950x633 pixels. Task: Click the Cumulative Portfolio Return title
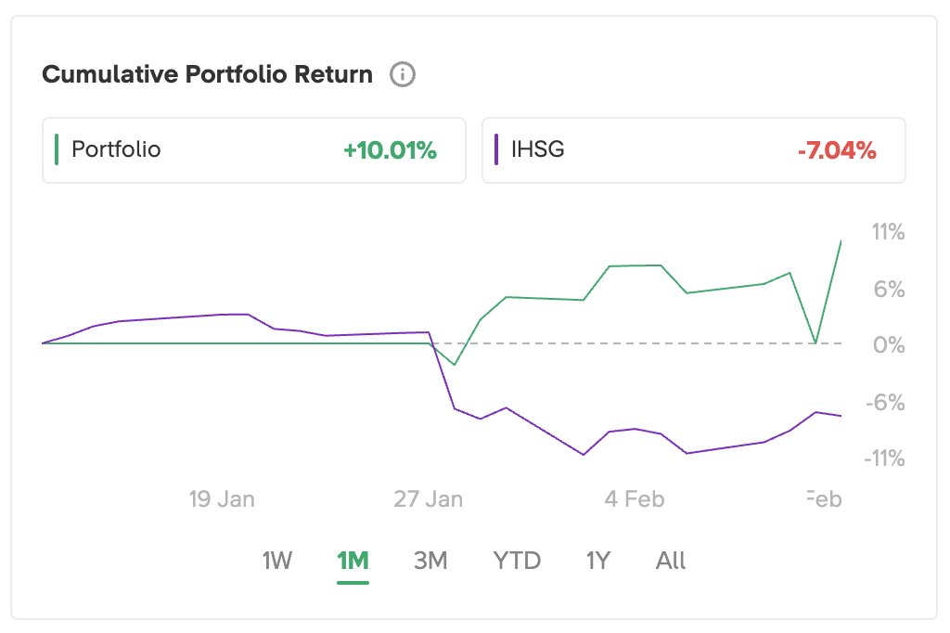(x=208, y=74)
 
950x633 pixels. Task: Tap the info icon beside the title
(x=403, y=74)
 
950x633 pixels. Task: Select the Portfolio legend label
(x=116, y=149)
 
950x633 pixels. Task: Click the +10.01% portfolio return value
(x=390, y=150)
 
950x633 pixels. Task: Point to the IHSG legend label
(x=537, y=149)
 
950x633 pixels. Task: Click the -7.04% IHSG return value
(x=836, y=150)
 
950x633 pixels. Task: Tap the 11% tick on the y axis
(x=888, y=231)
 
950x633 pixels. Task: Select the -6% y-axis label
(x=886, y=402)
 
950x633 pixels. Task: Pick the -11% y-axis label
(x=884, y=459)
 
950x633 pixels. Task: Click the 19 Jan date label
(x=222, y=498)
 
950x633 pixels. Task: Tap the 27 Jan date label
(x=428, y=498)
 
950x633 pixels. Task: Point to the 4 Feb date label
(x=635, y=498)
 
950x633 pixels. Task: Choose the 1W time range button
(x=277, y=561)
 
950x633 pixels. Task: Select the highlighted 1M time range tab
(x=353, y=561)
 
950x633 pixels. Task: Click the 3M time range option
(x=430, y=561)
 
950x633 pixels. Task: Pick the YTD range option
(x=517, y=561)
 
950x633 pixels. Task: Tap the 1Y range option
(x=598, y=561)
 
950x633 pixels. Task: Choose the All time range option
(x=671, y=561)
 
